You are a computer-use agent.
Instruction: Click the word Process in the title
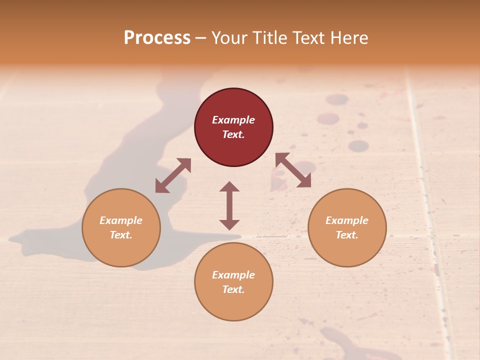pyautogui.click(x=157, y=38)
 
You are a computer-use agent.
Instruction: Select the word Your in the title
pyautogui.click(x=228, y=38)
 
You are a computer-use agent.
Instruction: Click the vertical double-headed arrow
pyautogui.click(x=229, y=205)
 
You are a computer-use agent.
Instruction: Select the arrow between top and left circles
pyautogui.click(x=173, y=175)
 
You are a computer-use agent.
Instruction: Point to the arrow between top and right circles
pyautogui.click(x=293, y=170)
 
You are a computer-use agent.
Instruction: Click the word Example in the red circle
pyautogui.click(x=233, y=120)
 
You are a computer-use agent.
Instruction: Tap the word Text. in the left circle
pyautogui.click(x=121, y=235)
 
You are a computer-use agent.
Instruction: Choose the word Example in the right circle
pyautogui.click(x=347, y=220)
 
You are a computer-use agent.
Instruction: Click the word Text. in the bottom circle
pyautogui.click(x=233, y=289)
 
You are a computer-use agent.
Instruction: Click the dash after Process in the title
pyautogui.click(x=201, y=38)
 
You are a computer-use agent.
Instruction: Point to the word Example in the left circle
pyautogui.click(x=121, y=220)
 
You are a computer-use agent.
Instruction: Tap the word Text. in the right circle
pyautogui.click(x=347, y=235)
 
